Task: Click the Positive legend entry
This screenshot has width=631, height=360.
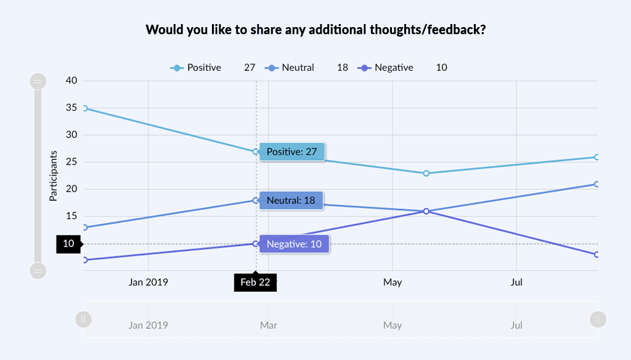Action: click(196, 68)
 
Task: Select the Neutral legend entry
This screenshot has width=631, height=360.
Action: click(290, 68)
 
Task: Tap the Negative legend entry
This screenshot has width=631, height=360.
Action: click(385, 68)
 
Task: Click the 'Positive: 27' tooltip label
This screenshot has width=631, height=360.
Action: click(291, 152)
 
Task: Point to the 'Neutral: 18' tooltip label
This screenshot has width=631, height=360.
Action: click(291, 200)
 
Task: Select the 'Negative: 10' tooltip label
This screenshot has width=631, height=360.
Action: click(294, 244)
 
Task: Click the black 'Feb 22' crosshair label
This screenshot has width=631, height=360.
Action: click(255, 282)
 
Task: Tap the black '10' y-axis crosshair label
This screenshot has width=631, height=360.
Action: click(68, 244)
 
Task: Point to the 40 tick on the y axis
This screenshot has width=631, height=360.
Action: click(71, 81)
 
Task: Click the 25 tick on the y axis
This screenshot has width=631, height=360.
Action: click(71, 162)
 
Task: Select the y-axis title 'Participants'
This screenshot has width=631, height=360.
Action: click(53, 176)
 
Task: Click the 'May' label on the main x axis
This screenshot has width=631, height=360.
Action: click(392, 282)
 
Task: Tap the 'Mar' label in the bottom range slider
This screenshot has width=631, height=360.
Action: click(268, 325)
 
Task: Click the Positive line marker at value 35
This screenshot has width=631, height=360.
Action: click(84, 108)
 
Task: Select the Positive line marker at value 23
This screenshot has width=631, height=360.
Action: click(426, 173)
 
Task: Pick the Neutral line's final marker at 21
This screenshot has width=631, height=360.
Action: click(597, 184)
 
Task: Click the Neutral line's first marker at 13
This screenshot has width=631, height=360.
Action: click(84, 227)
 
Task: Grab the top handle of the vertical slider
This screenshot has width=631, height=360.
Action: click(38, 81)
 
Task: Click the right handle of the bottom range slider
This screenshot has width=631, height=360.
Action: click(597, 319)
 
